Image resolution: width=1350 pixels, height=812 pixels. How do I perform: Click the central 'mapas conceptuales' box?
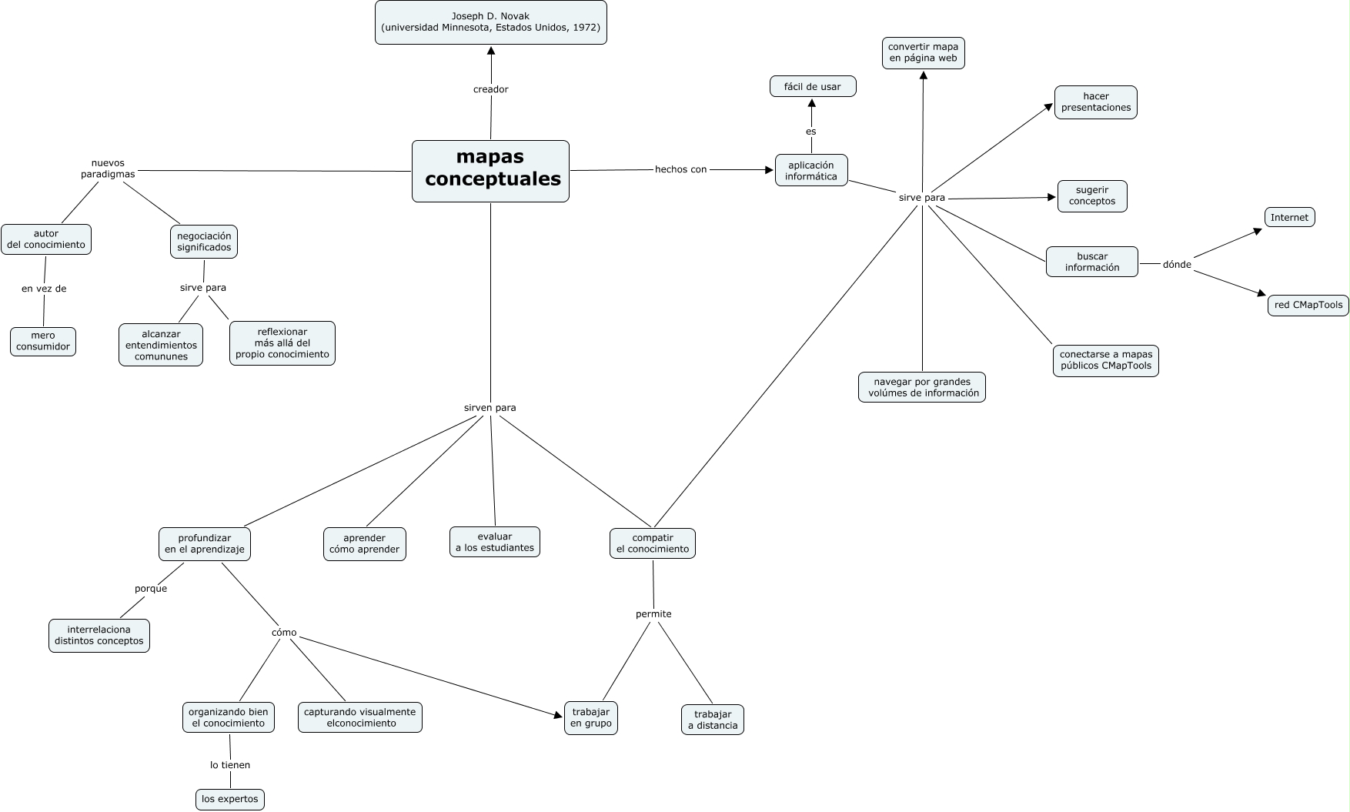coord(490,171)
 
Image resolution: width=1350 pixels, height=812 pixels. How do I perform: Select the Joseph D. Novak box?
coord(490,22)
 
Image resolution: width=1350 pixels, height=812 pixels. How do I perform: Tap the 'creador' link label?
coord(490,89)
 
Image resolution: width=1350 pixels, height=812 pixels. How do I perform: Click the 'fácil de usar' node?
coord(813,87)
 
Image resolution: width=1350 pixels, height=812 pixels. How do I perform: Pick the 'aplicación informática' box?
coord(810,171)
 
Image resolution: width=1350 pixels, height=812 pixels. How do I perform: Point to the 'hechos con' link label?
coord(680,169)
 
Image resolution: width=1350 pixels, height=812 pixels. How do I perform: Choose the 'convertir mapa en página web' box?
coord(923,52)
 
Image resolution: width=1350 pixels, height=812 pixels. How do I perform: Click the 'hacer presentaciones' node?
coord(1095,102)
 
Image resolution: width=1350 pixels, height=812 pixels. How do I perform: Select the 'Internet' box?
coord(1289,218)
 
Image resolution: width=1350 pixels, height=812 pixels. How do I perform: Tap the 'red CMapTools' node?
coord(1308,305)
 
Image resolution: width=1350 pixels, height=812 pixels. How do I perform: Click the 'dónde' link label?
coord(1177,265)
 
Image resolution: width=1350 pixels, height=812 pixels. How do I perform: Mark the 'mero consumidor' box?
coord(43,341)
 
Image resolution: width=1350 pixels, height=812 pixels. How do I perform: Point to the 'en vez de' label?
coord(44,289)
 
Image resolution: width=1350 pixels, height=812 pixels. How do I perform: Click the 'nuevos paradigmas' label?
coord(108,169)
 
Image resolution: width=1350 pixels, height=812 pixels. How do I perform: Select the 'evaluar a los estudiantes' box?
coord(494,542)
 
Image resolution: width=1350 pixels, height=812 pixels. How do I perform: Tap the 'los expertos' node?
coord(229,799)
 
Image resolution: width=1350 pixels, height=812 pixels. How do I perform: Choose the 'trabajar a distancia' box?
coord(713,720)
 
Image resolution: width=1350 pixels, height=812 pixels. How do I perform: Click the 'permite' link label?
coord(653,614)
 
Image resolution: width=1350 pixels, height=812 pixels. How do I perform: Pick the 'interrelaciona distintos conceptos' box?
coord(99,635)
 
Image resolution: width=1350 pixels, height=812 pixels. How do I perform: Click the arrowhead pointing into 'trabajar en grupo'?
coord(560,716)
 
